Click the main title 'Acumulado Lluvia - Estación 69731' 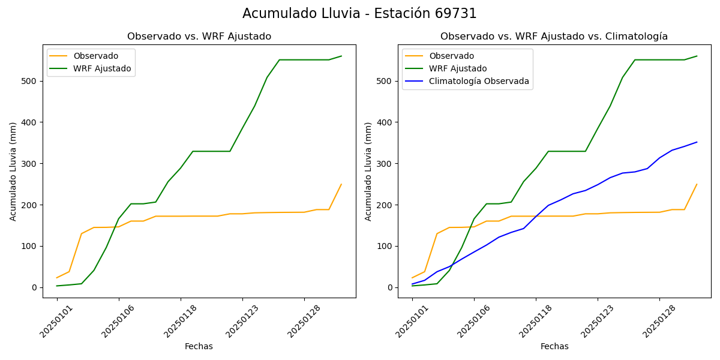[x=359, y=14]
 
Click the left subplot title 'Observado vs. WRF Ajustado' [x=199, y=37]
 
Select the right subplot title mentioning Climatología [x=554, y=37]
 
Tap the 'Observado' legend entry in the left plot [x=96, y=56]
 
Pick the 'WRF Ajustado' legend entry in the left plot [x=102, y=68]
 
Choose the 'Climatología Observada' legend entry [x=479, y=82]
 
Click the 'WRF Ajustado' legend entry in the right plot [x=458, y=68]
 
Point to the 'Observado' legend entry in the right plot [x=451, y=56]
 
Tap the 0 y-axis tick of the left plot [x=35, y=287]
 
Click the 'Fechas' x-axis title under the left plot [x=199, y=346]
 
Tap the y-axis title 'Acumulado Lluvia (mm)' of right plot [x=368, y=171]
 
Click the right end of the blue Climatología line [x=697, y=142]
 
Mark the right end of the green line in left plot [x=341, y=56]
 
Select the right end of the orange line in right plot [x=697, y=184]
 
